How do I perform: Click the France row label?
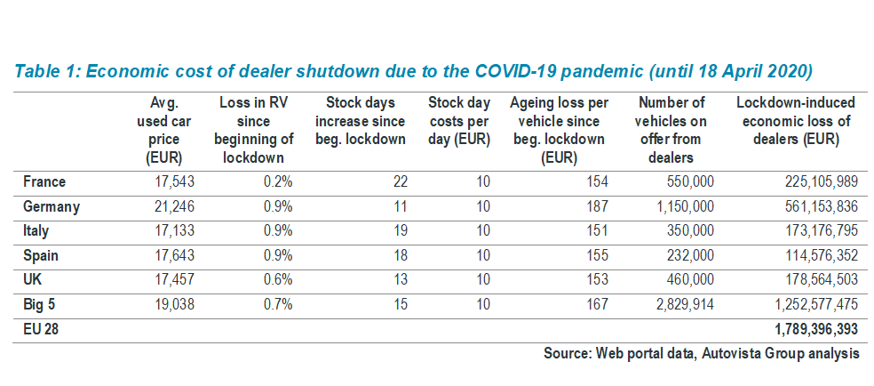44,182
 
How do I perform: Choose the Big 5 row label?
40,304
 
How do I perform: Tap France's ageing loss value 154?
597,182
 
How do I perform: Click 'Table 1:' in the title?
45,70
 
